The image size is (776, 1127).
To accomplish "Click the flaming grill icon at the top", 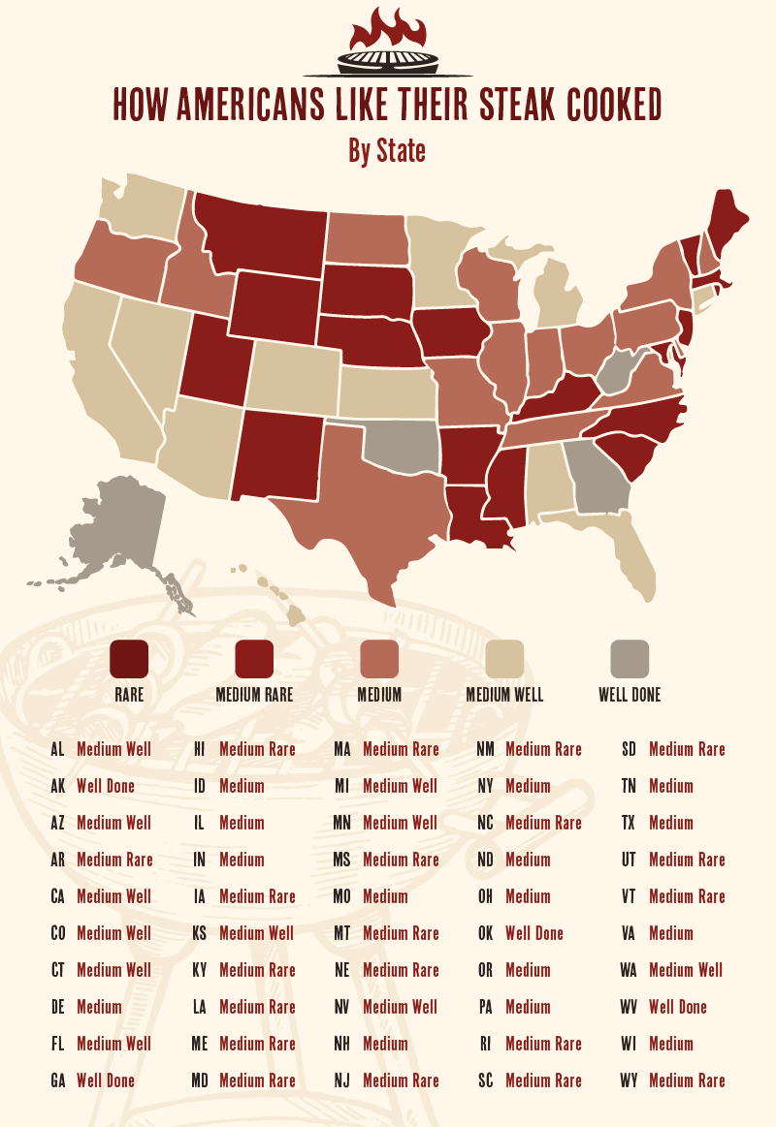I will coord(388,44).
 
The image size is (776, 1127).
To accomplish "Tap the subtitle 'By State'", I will coord(387,151).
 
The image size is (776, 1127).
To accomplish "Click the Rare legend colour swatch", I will coord(129,659).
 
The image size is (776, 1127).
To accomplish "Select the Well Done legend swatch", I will coord(630,659).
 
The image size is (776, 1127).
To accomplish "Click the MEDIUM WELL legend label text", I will coord(504,695).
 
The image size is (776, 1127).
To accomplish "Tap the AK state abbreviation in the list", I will coord(57,786).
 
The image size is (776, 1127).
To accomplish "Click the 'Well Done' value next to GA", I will coord(106,1080).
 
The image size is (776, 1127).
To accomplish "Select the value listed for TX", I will coord(671,823).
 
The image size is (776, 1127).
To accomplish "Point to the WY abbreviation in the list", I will coord(629,1080).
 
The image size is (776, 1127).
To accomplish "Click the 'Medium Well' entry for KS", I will coord(256,933).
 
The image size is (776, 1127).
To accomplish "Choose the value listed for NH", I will coord(385,1044).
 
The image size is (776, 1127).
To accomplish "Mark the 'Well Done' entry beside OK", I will coord(534,933).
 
